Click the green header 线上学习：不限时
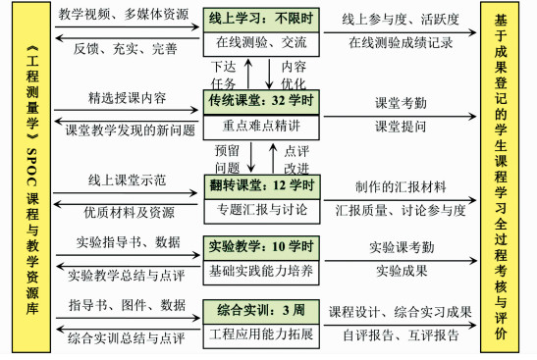pos(261,19)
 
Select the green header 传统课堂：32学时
pos(261,99)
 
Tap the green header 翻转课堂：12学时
pos(261,184)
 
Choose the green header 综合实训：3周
pos(261,311)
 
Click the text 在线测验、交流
pos(261,42)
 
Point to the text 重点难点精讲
pos(261,124)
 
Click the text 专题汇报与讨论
pos(261,208)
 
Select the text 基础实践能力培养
pos(261,269)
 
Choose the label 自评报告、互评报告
pos(403,335)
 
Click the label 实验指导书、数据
pos(126,242)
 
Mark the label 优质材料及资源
pos(125,210)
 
